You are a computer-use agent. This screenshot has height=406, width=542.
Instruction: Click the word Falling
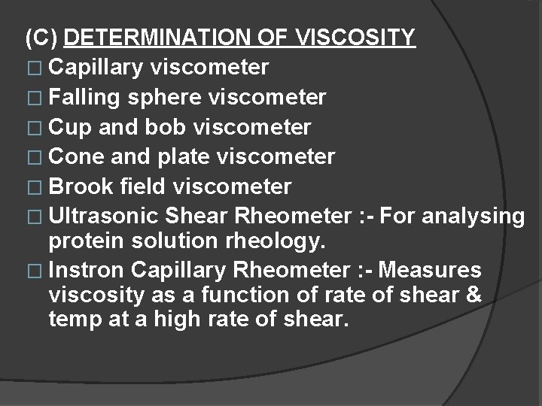89,98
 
